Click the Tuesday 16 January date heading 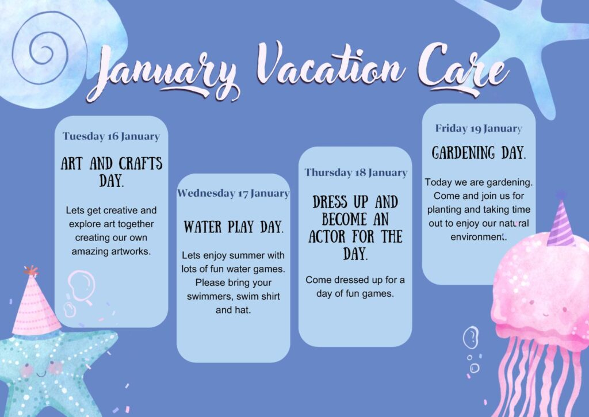pyautogui.click(x=111, y=136)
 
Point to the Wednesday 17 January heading pyautogui.click(x=234, y=193)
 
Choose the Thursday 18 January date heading pyautogui.click(x=355, y=173)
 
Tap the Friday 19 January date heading pyautogui.click(x=479, y=128)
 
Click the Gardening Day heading pyautogui.click(x=479, y=153)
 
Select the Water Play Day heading pyautogui.click(x=234, y=227)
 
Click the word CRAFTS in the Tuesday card pyautogui.click(x=140, y=164)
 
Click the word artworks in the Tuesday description pyautogui.click(x=130, y=251)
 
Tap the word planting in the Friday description pyautogui.click(x=443, y=209)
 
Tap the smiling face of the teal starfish pyautogui.click(x=41, y=369)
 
